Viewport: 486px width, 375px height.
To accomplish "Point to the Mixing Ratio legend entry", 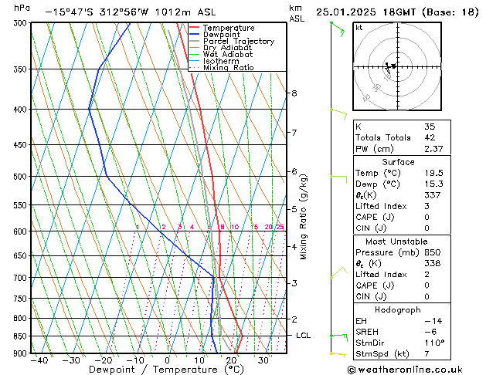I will (x=229, y=68).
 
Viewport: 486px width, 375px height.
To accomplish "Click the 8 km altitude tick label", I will (x=294, y=93).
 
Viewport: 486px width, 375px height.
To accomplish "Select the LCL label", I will (x=304, y=336).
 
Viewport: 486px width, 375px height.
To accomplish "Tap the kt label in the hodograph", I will (x=359, y=27).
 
